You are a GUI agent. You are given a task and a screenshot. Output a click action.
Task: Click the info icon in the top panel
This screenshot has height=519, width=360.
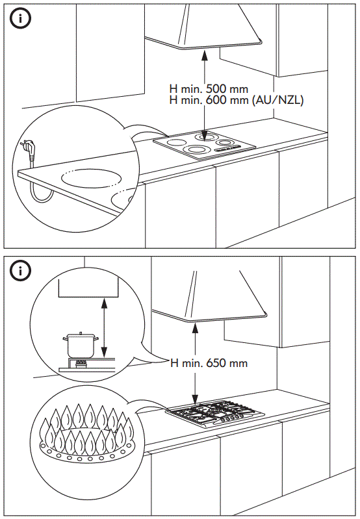21,19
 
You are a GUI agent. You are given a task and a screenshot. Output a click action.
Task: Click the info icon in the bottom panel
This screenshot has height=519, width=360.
21,271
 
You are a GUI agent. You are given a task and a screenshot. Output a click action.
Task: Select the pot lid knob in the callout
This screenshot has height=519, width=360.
78,333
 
